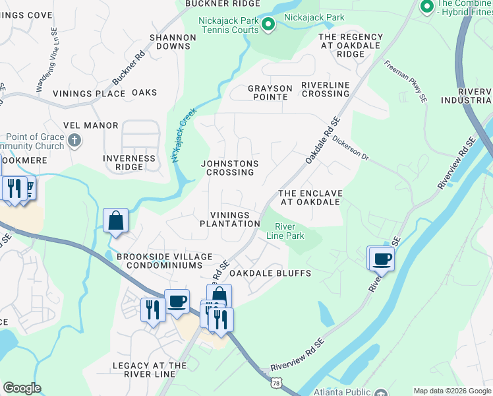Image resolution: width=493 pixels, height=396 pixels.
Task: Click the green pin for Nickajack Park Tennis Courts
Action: [x=268, y=25]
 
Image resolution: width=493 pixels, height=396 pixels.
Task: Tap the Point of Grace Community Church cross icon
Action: [x=74, y=141]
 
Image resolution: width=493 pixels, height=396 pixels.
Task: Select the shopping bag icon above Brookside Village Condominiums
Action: [x=115, y=221]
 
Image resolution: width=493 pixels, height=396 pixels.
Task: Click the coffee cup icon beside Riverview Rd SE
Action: [x=382, y=259]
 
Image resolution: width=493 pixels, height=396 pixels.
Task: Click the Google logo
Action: [x=22, y=388]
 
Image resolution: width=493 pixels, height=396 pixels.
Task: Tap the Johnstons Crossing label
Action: [x=229, y=168]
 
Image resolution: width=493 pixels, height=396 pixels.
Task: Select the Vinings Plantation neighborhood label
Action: [x=230, y=219]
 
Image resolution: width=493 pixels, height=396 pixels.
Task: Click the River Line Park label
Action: [x=285, y=231]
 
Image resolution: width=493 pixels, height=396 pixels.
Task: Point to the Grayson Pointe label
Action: [x=268, y=92]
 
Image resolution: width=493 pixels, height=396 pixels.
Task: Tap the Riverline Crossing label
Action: [x=325, y=89]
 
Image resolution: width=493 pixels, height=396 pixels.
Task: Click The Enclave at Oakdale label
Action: [x=310, y=197]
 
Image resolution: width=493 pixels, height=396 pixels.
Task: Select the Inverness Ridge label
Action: [x=129, y=162]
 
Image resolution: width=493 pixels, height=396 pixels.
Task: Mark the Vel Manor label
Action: [x=91, y=125]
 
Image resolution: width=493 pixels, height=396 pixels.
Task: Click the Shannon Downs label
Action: [x=173, y=42]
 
